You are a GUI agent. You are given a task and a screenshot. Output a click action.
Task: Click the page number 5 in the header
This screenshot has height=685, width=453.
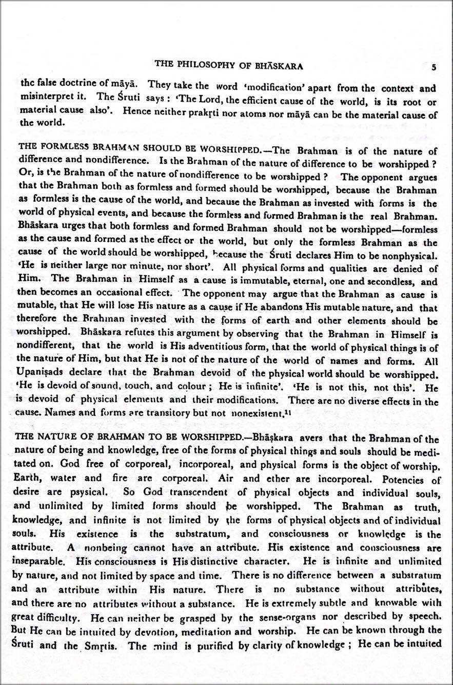tap(434, 67)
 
